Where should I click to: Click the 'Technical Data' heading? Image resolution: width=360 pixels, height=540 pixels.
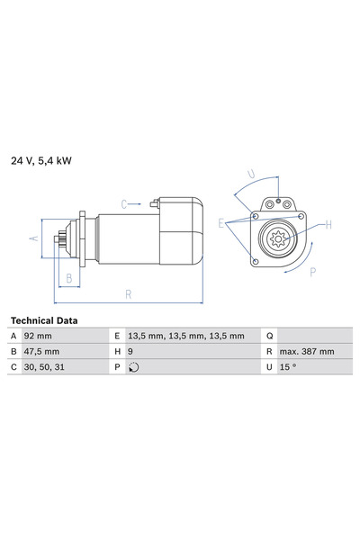coord(43,320)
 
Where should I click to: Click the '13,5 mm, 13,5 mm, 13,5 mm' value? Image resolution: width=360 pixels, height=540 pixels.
coord(186,336)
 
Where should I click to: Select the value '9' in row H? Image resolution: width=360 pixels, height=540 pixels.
coord(131,351)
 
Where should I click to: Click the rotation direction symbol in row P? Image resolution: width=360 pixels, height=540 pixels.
coord(134,367)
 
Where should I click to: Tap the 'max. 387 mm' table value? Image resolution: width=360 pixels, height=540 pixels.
coord(308,351)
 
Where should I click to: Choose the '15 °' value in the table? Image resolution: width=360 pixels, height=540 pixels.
coord(289,367)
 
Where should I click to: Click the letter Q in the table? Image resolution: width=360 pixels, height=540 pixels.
coord(269,336)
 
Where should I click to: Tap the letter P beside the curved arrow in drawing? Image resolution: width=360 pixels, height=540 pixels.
coord(311,270)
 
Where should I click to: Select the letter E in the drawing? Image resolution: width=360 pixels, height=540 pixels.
coord(221,222)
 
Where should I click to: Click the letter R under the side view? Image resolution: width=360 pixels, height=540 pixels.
coord(128,292)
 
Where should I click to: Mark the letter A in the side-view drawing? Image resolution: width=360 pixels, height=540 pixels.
coord(33,238)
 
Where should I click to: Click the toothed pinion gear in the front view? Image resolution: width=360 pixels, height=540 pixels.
coord(278,238)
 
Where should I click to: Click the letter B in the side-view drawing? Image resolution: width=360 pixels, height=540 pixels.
coord(68,277)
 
